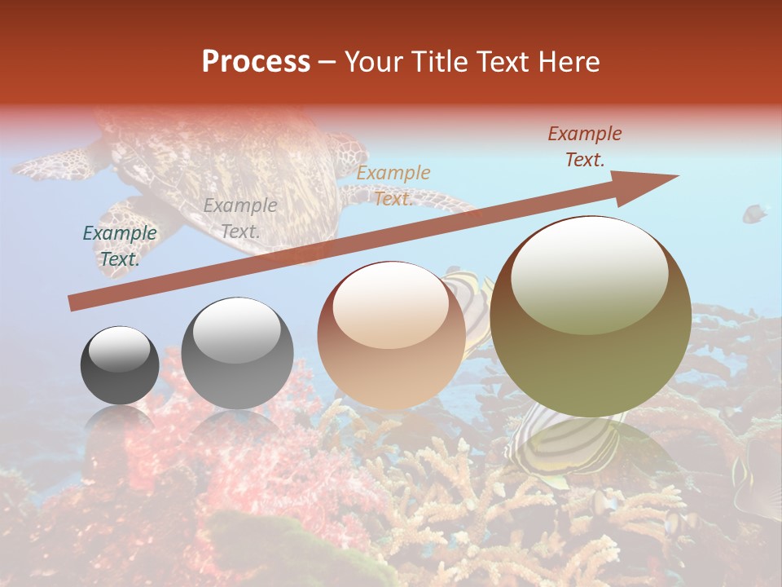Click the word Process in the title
pos(256,62)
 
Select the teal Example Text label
pos(120,246)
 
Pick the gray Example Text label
pos(239,218)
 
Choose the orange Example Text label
pos(393,186)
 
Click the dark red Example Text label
pos(584,147)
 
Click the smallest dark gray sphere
pos(120,365)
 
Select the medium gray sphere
pos(237,353)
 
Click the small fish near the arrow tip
pos(754,214)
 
